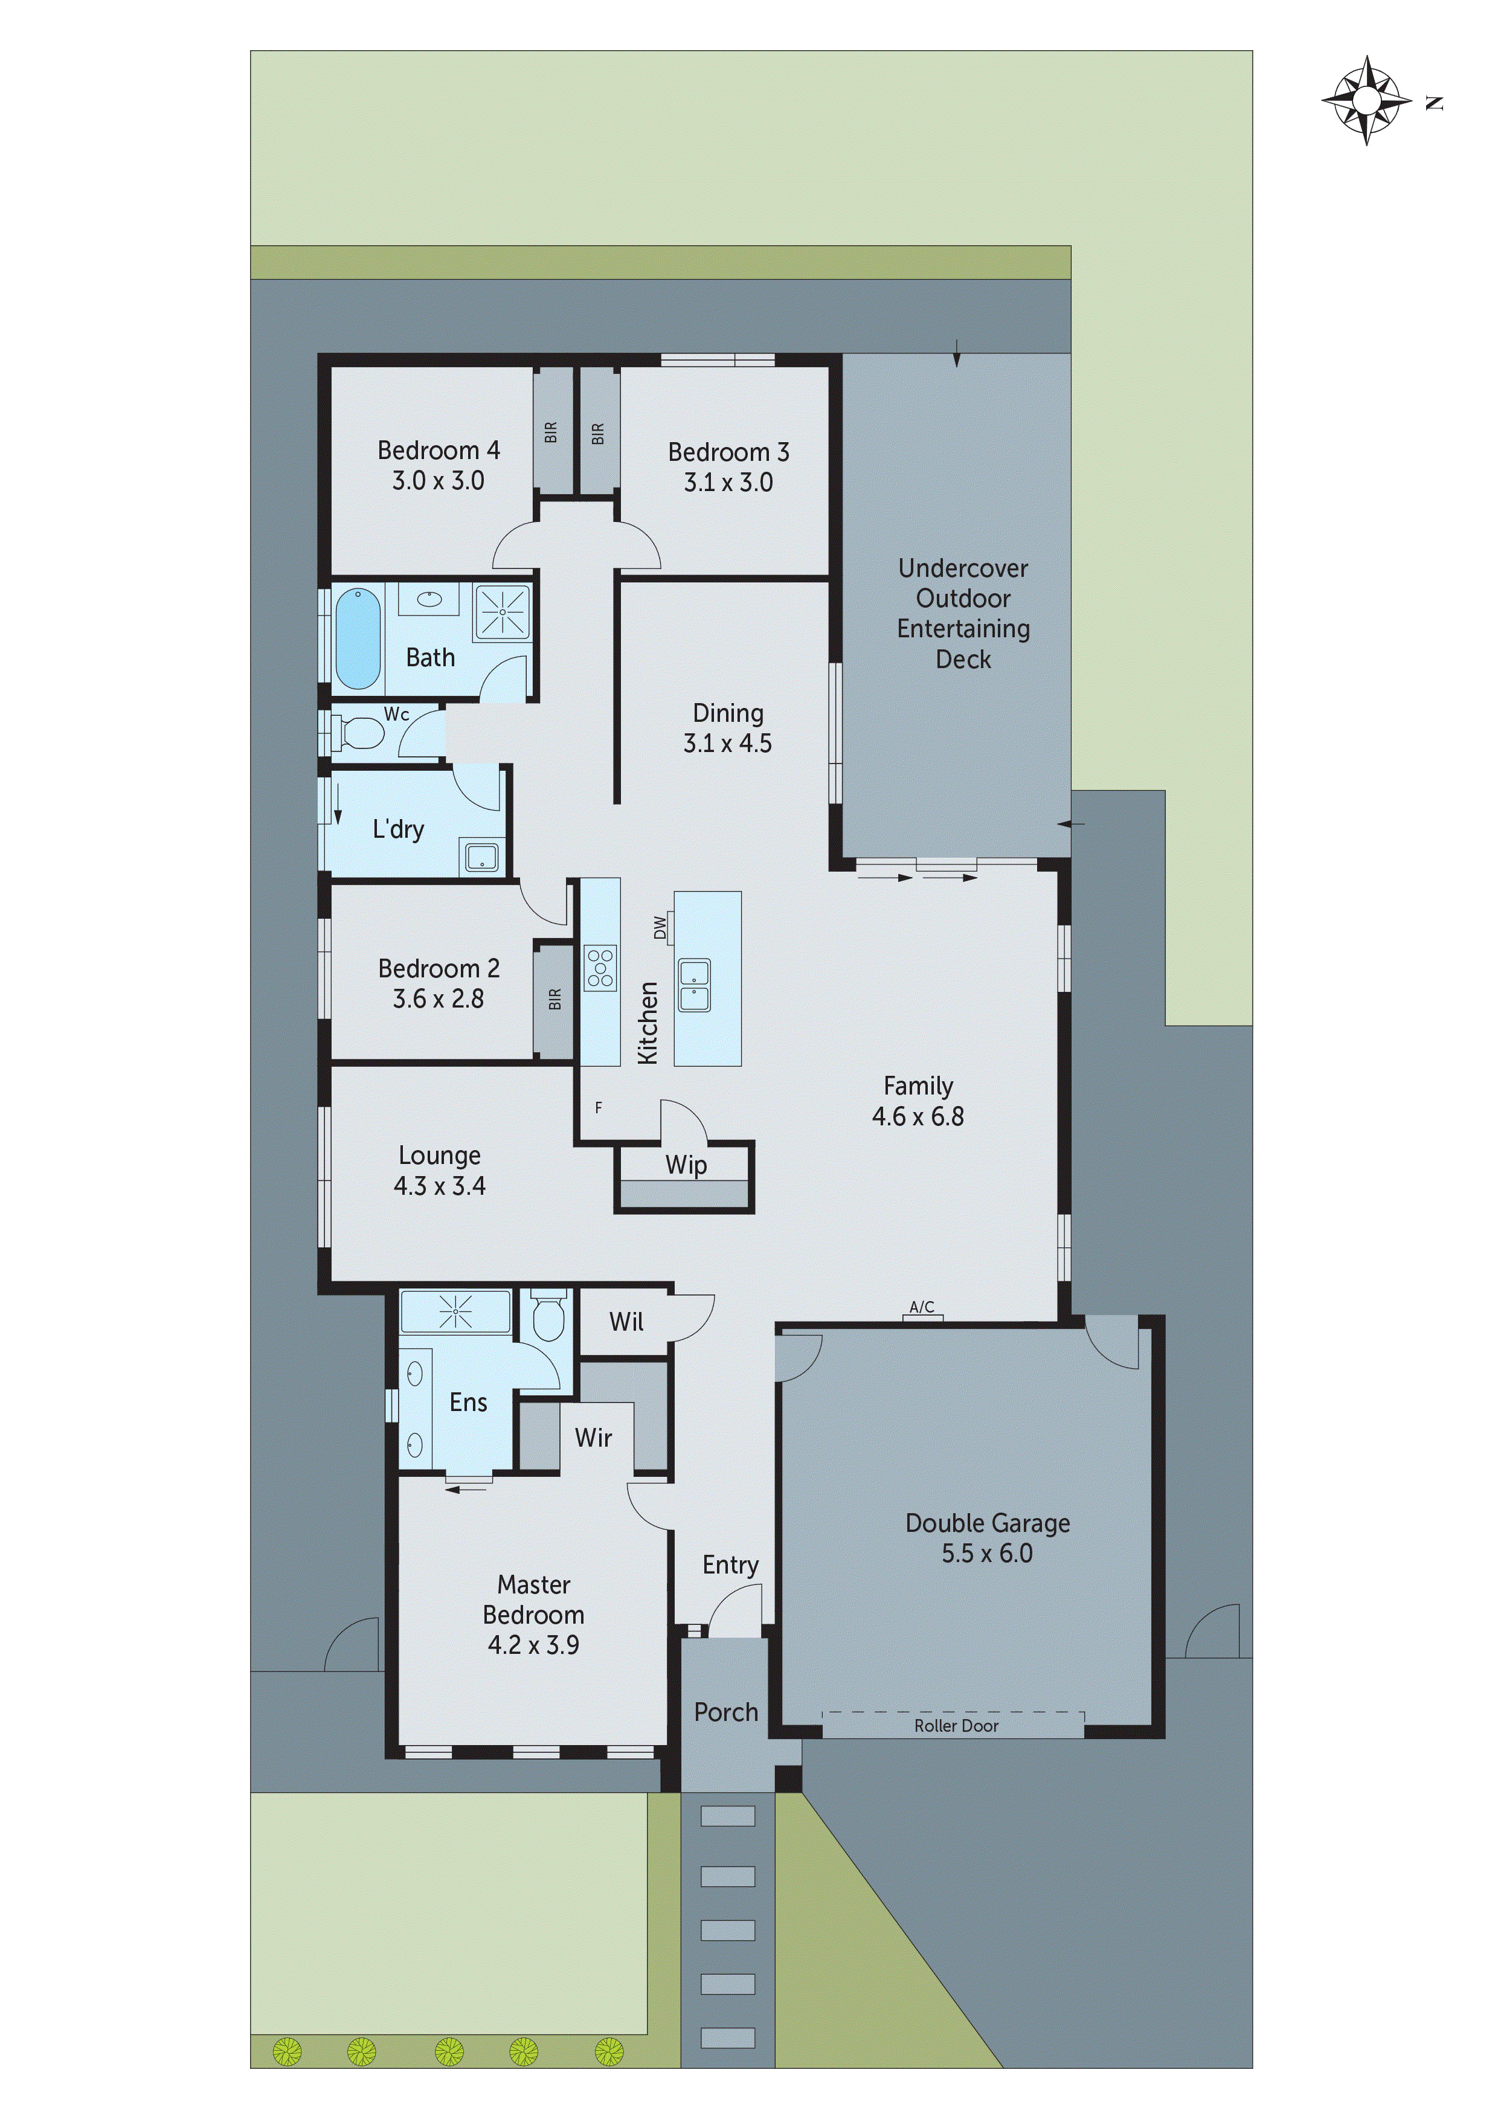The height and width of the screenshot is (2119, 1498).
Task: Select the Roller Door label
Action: coord(956,1726)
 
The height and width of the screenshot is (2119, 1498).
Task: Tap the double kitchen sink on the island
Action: coord(694,985)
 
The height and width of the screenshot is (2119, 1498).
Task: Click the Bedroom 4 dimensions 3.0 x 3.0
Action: coord(439,481)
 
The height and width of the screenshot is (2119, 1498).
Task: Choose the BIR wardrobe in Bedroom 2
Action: coord(554,1000)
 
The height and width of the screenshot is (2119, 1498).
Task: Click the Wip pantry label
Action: coord(686,1165)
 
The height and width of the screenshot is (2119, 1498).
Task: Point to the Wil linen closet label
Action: coord(626,1322)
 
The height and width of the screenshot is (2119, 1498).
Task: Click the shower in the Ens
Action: coord(455,1311)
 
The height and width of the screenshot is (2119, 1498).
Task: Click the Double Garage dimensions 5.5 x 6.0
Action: coord(986,1553)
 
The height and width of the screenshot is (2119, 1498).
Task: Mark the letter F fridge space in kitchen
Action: coord(598,1107)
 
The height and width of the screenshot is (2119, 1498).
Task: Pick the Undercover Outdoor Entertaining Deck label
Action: coord(963,613)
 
